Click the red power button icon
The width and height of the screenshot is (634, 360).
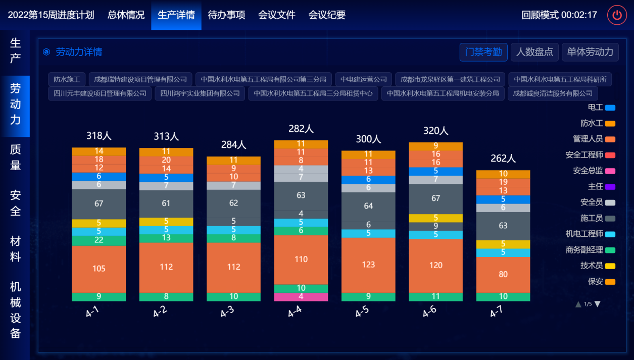617,15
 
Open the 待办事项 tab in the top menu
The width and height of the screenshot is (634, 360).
226,15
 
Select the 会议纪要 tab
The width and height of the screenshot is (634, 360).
327,15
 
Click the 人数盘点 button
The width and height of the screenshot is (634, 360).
534,52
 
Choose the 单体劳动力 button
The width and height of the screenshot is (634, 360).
590,52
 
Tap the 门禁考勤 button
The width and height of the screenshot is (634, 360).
483,52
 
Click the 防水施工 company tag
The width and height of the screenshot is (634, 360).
67,79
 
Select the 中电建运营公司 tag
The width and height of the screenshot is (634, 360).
364,79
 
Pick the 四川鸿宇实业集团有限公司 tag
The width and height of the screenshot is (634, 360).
200,93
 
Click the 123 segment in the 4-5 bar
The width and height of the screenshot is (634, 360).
368,265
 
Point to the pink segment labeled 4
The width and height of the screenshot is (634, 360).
301,297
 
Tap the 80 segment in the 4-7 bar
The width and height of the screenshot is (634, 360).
503,275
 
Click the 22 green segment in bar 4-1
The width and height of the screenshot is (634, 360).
99,240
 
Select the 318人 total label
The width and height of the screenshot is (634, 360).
99,136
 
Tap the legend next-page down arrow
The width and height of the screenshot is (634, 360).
598,304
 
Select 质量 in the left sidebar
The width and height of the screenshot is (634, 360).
15,157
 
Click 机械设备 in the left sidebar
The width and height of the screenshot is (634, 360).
15,310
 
